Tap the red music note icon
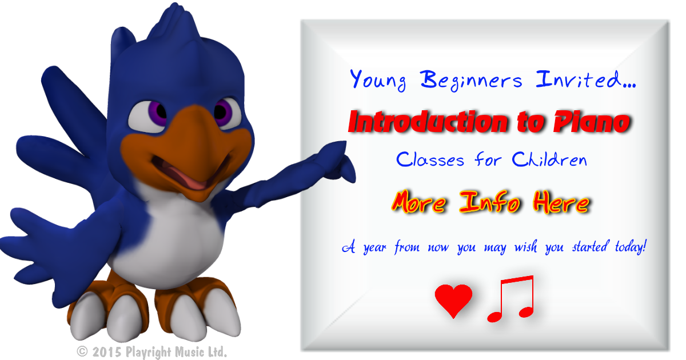click(x=511, y=298)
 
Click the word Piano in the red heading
click(x=592, y=122)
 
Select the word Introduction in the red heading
click(x=428, y=122)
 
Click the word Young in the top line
click(x=378, y=80)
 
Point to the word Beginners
click(x=471, y=80)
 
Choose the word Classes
click(x=430, y=159)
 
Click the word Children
click(x=549, y=159)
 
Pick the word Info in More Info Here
click(x=489, y=202)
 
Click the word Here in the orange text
click(x=561, y=202)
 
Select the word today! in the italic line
click(x=631, y=247)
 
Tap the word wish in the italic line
click(x=525, y=246)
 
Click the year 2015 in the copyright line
click(x=106, y=352)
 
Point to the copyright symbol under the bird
click(x=82, y=351)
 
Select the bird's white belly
click(x=171, y=239)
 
